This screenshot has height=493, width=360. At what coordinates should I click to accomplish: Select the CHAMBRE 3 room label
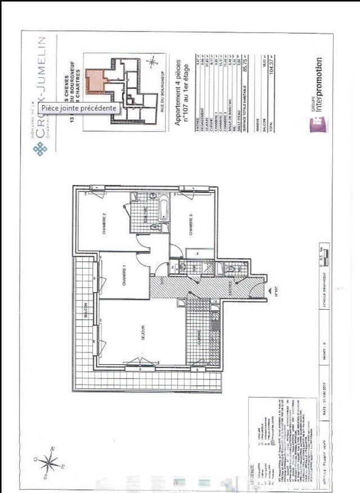click(x=191, y=225)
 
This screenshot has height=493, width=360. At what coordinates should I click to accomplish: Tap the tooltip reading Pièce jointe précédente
click(x=79, y=108)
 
